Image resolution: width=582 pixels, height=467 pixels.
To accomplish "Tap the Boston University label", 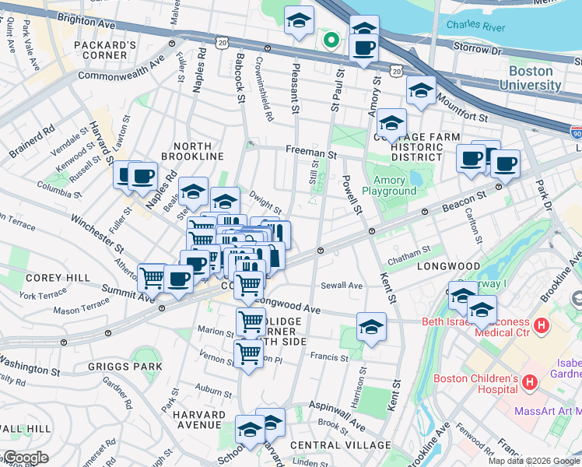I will (531, 77).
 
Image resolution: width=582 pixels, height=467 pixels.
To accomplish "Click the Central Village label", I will (340, 445).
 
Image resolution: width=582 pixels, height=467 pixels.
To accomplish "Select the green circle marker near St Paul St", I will (331, 39).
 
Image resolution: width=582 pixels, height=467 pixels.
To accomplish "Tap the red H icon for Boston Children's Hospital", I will (530, 381).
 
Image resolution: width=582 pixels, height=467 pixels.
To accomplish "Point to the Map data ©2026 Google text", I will (534, 461).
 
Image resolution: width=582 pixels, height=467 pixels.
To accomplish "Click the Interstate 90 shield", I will (575, 133).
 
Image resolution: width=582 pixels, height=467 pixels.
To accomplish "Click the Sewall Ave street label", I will (342, 286).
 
